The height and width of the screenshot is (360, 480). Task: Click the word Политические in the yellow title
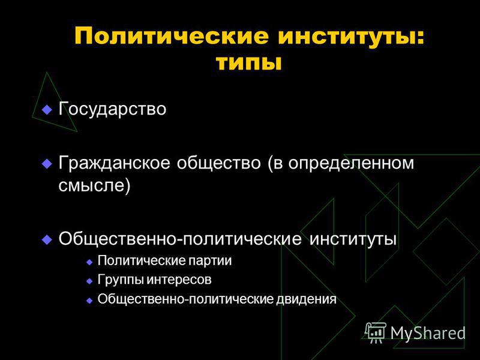[172, 37]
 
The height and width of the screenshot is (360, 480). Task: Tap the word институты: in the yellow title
[352, 37]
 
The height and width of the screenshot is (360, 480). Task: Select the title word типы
[248, 64]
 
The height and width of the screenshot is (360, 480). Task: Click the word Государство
[112, 109]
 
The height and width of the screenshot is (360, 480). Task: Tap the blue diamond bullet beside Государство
[47, 109]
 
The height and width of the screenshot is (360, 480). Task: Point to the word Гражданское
[114, 163]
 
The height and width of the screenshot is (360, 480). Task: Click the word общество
[218, 163]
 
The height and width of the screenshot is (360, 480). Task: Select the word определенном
[351, 163]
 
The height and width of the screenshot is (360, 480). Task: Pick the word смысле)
[94, 185]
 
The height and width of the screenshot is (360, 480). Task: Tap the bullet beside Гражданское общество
[47, 163]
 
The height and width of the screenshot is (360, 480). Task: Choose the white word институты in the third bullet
[353, 239]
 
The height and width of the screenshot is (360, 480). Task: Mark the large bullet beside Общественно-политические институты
[47, 239]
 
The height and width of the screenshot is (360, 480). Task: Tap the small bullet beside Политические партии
[89, 262]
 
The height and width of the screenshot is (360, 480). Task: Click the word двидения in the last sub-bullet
[306, 299]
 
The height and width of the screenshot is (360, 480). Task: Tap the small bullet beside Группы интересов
[89, 281]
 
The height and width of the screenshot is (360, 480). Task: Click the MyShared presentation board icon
[376, 332]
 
